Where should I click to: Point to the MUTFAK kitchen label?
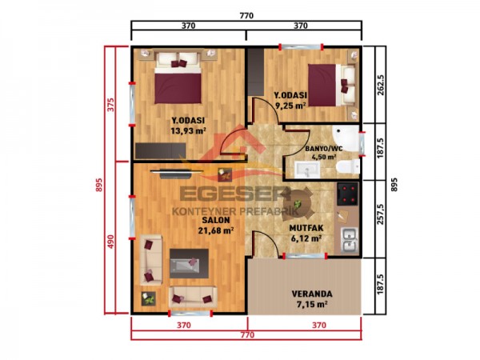click(305, 227)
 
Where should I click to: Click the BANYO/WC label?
click(323, 149)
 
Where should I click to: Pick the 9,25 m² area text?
click(290, 105)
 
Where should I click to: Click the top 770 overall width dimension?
click(246, 14)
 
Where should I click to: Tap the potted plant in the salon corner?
click(150, 299)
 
